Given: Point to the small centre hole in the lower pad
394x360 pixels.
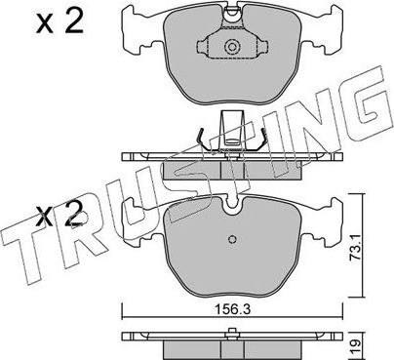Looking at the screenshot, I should [x=231, y=242].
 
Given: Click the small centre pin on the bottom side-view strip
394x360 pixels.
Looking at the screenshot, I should [x=231, y=335].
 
